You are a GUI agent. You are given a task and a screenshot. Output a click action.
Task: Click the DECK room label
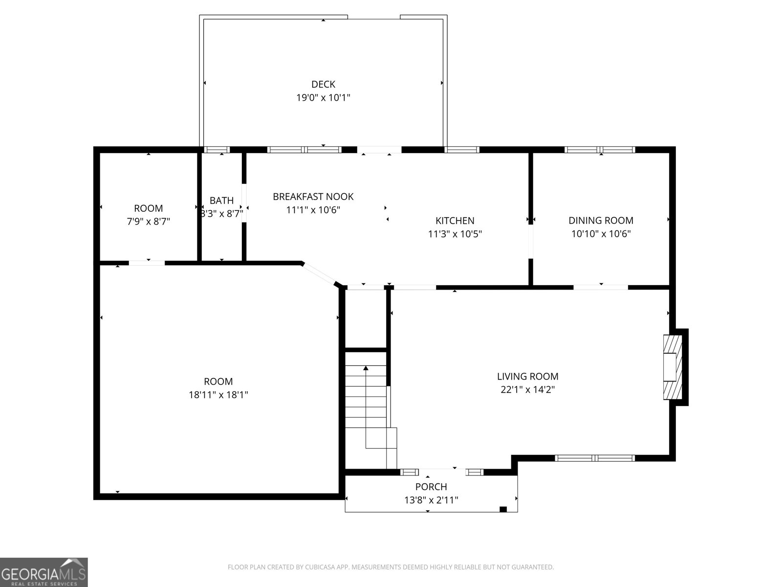click(x=323, y=84)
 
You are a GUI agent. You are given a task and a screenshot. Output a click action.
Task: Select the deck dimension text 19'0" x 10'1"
click(x=323, y=97)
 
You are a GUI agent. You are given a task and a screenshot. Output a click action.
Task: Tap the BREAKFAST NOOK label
click(x=313, y=197)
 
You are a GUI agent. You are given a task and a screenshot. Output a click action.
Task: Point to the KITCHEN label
click(x=455, y=221)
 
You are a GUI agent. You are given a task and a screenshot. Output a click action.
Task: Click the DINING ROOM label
click(x=601, y=221)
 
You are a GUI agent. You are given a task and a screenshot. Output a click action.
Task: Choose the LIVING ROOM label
click(x=527, y=376)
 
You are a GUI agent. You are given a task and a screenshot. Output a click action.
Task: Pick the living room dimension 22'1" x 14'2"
click(x=527, y=390)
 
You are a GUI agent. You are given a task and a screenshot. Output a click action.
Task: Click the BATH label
click(x=221, y=201)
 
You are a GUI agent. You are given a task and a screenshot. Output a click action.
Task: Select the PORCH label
click(x=431, y=487)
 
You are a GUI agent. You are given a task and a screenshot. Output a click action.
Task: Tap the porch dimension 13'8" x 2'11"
click(x=431, y=500)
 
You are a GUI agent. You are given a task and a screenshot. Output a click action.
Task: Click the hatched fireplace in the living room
click(x=672, y=367)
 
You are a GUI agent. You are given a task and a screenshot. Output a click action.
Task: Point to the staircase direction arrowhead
click(x=366, y=367)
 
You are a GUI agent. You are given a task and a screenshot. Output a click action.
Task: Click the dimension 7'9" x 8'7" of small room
click(x=148, y=222)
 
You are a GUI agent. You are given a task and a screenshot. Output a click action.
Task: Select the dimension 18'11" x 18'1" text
click(x=218, y=395)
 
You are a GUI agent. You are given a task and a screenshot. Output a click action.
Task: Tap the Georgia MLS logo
click(x=43, y=572)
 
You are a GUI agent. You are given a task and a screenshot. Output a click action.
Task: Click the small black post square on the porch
click(x=503, y=509)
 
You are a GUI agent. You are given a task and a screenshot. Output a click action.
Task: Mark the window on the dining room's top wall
click(x=600, y=150)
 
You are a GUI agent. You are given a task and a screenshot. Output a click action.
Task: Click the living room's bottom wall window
click(x=594, y=458)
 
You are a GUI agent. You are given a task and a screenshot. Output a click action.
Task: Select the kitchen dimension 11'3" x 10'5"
click(x=455, y=234)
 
